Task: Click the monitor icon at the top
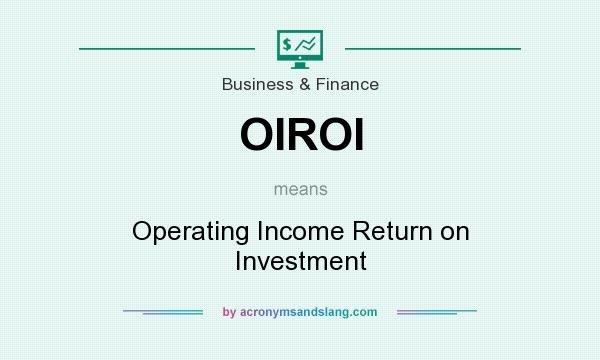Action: tap(299, 47)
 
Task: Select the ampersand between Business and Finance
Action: tap(302, 84)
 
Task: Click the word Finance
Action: tap(346, 84)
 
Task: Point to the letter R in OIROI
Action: tap(300, 135)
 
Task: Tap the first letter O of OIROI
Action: tap(257, 135)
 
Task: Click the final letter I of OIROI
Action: tap(356, 135)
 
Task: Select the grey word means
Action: tap(300, 187)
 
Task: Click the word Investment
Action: tap(300, 261)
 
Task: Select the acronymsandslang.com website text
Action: tap(308, 312)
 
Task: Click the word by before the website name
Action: tap(229, 312)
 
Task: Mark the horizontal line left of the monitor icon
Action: tap(167, 47)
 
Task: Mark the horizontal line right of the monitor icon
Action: tap(432, 47)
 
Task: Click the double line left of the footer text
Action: tap(163, 312)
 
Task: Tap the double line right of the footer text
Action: tap(437, 312)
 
